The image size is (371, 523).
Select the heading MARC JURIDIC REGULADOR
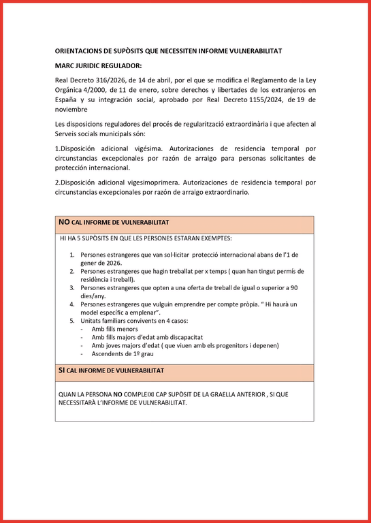tap(99, 66)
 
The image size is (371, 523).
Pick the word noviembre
tap(71, 109)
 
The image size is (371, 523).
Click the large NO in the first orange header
tap(64, 223)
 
